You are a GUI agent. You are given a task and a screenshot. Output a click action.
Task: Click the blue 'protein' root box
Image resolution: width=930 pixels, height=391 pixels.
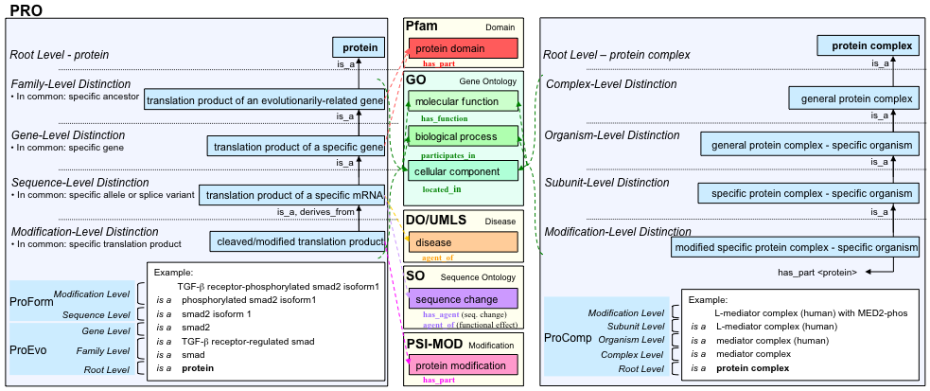[360, 46]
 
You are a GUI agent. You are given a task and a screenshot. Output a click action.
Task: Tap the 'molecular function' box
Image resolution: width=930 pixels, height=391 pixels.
[464, 101]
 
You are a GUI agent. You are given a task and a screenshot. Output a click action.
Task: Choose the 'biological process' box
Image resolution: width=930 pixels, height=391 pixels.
[464, 136]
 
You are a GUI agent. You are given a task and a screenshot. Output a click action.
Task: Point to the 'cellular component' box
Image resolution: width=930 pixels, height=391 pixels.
[464, 170]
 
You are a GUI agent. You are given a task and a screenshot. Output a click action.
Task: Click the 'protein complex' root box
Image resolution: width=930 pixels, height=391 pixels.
[870, 45]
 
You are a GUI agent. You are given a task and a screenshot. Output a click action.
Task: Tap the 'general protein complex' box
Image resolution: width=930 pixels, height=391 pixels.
[856, 98]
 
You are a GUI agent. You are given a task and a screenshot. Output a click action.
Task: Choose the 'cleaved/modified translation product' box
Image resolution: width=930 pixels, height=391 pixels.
[297, 242]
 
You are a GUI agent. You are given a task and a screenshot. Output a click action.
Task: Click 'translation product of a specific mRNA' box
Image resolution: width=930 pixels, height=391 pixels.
[293, 195]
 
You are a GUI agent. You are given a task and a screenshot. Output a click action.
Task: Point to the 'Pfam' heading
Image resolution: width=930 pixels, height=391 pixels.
[422, 25]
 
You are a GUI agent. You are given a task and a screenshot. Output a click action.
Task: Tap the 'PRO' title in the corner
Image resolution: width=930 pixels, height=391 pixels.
[26, 9]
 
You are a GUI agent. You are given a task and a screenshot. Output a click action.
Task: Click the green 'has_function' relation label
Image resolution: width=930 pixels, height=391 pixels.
[445, 118]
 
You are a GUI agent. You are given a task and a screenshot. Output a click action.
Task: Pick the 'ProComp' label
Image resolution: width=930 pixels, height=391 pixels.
[567, 338]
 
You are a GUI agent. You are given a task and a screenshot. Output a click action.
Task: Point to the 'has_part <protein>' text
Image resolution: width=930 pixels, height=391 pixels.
[817, 272]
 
